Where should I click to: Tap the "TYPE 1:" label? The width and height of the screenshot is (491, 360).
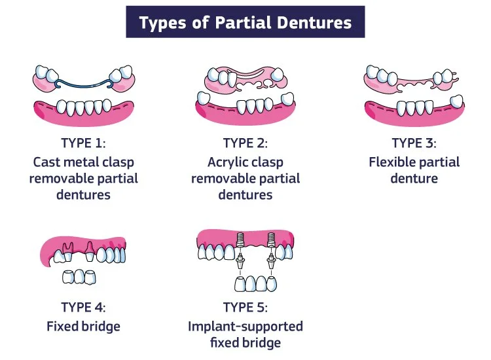coord(83,143)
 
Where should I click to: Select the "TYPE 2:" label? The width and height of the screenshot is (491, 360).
coord(245,143)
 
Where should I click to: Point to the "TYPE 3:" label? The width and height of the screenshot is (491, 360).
coord(414,143)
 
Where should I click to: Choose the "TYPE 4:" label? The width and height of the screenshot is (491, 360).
coord(83,306)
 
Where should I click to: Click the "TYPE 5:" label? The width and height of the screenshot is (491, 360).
coord(245,306)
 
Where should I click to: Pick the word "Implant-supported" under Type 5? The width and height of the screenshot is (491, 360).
coord(245,325)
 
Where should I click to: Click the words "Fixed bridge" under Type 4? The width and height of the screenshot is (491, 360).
coord(83,325)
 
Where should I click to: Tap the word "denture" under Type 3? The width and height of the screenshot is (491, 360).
coord(414,178)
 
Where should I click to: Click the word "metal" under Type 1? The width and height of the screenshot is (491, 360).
coord(86,162)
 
